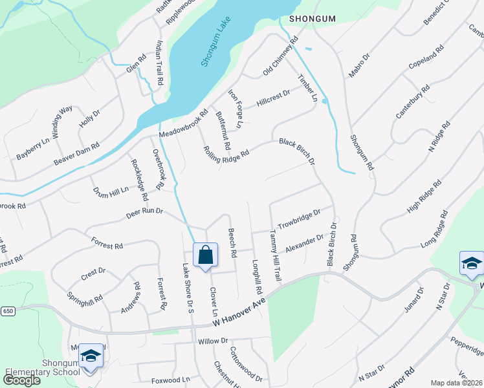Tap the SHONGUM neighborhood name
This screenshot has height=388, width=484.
point(313,19)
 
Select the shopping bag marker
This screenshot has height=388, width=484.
point(205,256)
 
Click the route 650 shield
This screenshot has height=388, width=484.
point(8,311)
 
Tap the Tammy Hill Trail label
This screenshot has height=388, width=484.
point(275,255)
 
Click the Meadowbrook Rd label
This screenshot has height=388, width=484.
point(183,124)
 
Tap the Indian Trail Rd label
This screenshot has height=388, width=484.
point(159,63)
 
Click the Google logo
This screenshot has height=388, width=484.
point(22,380)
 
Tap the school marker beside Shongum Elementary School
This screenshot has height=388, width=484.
point(91,356)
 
